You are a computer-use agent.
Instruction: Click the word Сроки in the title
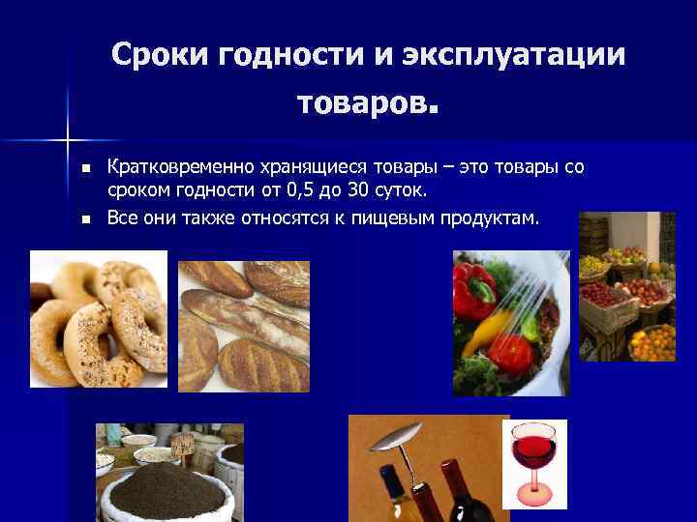click(x=160, y=55)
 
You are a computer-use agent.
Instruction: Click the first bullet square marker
click(x=84, y=168)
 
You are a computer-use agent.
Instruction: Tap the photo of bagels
click(x=98, y=318)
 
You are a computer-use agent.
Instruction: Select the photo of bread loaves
click(x=244, y=326)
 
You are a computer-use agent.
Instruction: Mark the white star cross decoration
click(x=69, y=134)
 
